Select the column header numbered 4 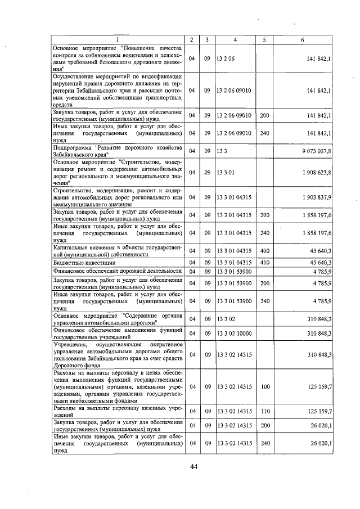coord(235,39)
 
